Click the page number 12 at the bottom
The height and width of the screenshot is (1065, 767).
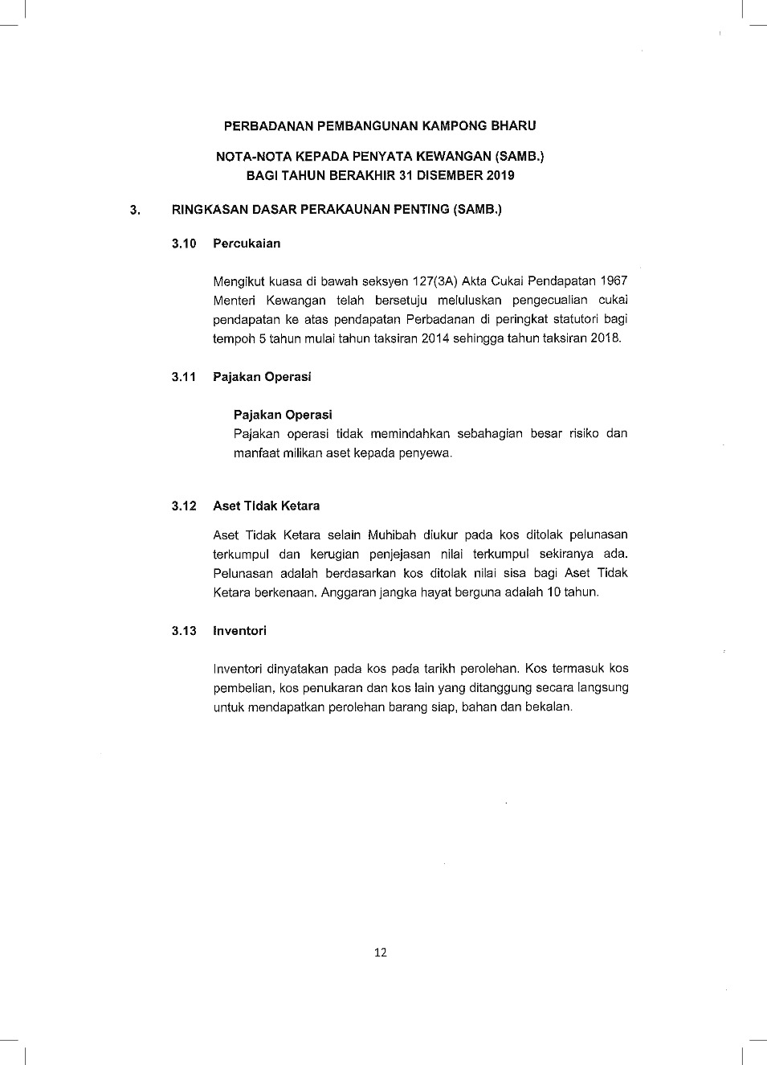[x=381, y=952]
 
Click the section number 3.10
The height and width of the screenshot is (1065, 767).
[x=184, y=244]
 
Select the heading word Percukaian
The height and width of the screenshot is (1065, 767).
[x=247, y=244]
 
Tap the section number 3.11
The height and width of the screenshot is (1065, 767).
[x=184, y=377]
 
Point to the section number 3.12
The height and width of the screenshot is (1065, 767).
[x=184, y=506]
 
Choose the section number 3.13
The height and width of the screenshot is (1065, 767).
[x=184, y=631]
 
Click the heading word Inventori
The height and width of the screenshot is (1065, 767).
[x=239, y=631]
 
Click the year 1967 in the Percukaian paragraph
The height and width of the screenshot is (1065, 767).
[x=614, y=281]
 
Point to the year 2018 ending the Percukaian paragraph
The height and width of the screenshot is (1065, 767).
[x=605, y=338]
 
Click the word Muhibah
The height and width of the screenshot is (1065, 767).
[x=392, y=535]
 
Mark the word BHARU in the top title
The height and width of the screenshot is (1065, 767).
[x=514, y=125]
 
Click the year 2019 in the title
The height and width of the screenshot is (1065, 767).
[x=500, y=175]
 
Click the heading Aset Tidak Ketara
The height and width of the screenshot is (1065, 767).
[x=266, y=506]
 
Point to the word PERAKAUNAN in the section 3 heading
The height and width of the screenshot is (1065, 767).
[x=349, y=210]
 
